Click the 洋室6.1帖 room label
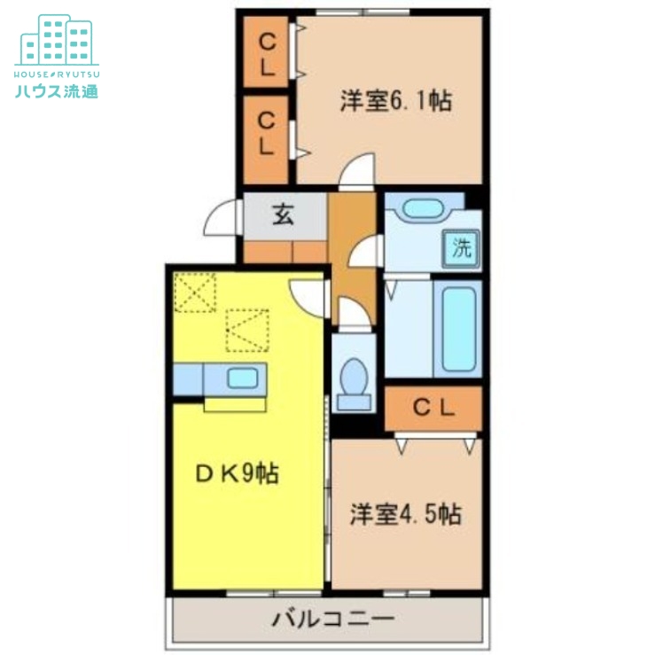point(396,101)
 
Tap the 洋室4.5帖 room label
point(405,514)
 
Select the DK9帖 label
point(237,474)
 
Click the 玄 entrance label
point(283,215)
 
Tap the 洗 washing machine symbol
point(462,248)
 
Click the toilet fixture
point(354,382)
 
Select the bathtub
point(457,329)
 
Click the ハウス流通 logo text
point(56,90)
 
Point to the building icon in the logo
point(57,39)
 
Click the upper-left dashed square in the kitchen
point(195,292)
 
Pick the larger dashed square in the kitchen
point(246,330)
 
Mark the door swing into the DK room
point(308,294)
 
